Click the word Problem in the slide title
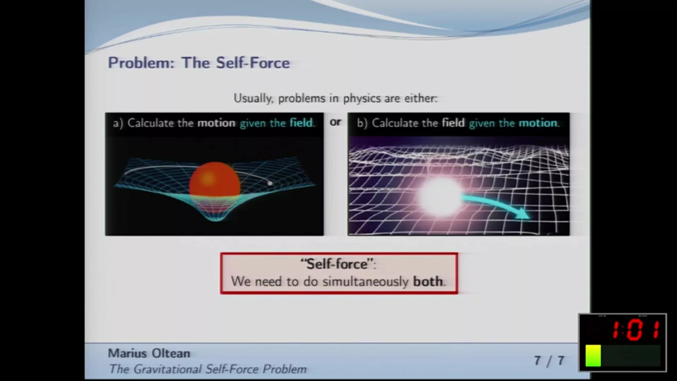click(141, 63)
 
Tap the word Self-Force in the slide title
click(253, 63)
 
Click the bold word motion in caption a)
click(216, 123)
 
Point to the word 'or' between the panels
click(335, 122)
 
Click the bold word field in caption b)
click(453, 123)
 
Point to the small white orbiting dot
click(270, 183)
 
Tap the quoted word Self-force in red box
click(337, 264)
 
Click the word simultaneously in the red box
click(366, 282)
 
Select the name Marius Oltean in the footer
click(149, 354)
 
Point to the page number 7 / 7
click(549, 361)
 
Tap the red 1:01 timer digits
click(635, 330)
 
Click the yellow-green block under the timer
click(593, 356)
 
